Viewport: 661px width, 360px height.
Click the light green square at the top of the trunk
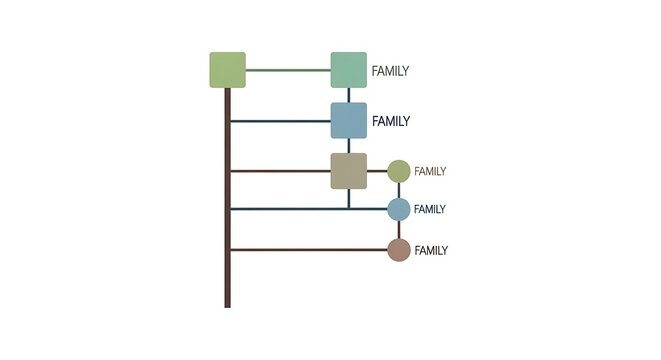[227, 70]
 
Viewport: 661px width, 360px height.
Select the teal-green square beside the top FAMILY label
[349, 70]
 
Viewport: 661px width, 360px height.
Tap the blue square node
[349, 121]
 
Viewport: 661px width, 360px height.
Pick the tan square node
[349, 171]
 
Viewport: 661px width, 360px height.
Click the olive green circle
[399, 171]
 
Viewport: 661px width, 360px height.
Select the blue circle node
[399, 209]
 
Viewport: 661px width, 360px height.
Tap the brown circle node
[399, 250]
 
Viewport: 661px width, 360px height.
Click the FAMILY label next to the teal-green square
[390, 71]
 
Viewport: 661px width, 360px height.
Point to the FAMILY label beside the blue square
[391, 121]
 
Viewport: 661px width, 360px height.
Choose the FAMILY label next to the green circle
[430, 172]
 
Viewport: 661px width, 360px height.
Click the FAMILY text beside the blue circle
[430, 210]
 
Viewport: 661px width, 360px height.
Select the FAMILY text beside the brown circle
[431, 251]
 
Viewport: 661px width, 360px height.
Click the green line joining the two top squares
[288, 70]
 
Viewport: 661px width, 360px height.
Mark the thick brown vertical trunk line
[228, 220]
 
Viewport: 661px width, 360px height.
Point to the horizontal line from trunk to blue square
[280, 121]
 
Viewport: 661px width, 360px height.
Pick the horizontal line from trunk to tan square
[280, 171]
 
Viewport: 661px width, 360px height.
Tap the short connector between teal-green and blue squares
[349, 95]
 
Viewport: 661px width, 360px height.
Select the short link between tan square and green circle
[377, 171]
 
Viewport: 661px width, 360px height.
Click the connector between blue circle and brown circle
[399, 229]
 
